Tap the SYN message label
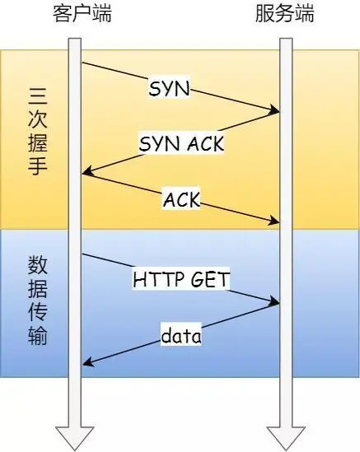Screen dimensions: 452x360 point(170,88)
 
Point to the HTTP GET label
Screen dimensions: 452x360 point(181,279)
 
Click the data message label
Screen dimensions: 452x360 point(181,335)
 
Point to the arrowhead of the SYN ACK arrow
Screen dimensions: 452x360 point(86,172)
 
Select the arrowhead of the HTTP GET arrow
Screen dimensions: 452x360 point(275,303)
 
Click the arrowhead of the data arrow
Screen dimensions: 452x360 point(86,362)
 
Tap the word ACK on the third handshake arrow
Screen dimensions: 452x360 point(181,200)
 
